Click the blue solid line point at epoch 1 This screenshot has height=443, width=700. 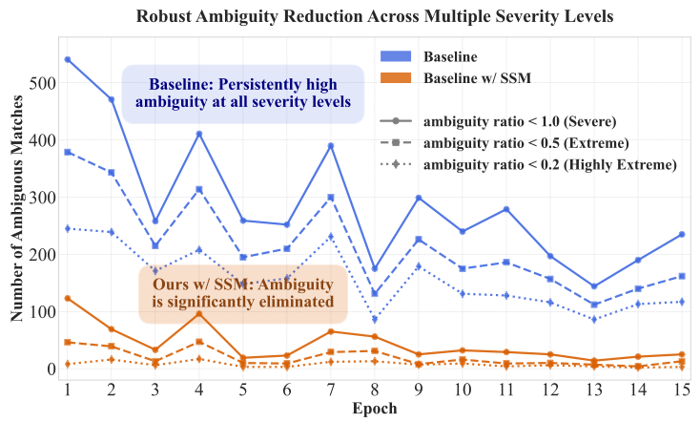[68, 59]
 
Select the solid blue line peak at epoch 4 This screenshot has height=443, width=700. [199, 134]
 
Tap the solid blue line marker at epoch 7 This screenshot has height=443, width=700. [331, 146]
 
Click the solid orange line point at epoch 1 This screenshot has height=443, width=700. [68, 298]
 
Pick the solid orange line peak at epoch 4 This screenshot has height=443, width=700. [199, 313]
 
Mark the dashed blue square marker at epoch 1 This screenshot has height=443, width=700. [68, 152]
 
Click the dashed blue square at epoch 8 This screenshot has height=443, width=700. [375, 293]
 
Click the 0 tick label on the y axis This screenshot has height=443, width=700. [51, 369]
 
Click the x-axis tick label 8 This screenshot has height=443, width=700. [375, 390]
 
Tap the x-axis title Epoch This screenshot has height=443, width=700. [373, 409]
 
